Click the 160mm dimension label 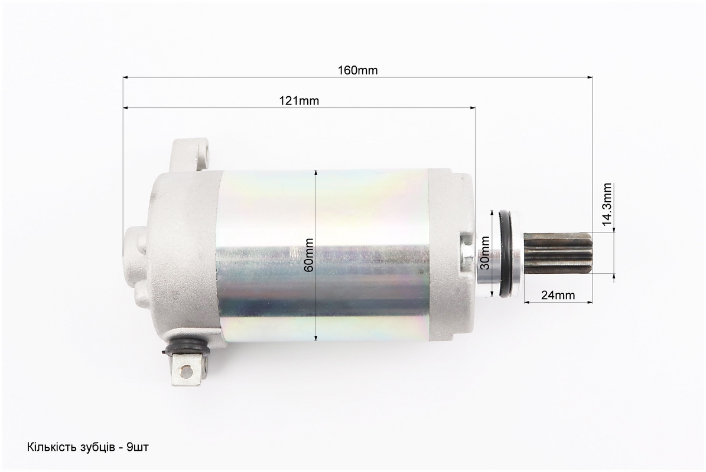[357, 71]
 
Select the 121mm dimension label [299, 101]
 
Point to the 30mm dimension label [485, 253]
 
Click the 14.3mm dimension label [607, 204]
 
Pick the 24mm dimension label [558, 296]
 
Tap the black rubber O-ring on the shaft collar [508, 254]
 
